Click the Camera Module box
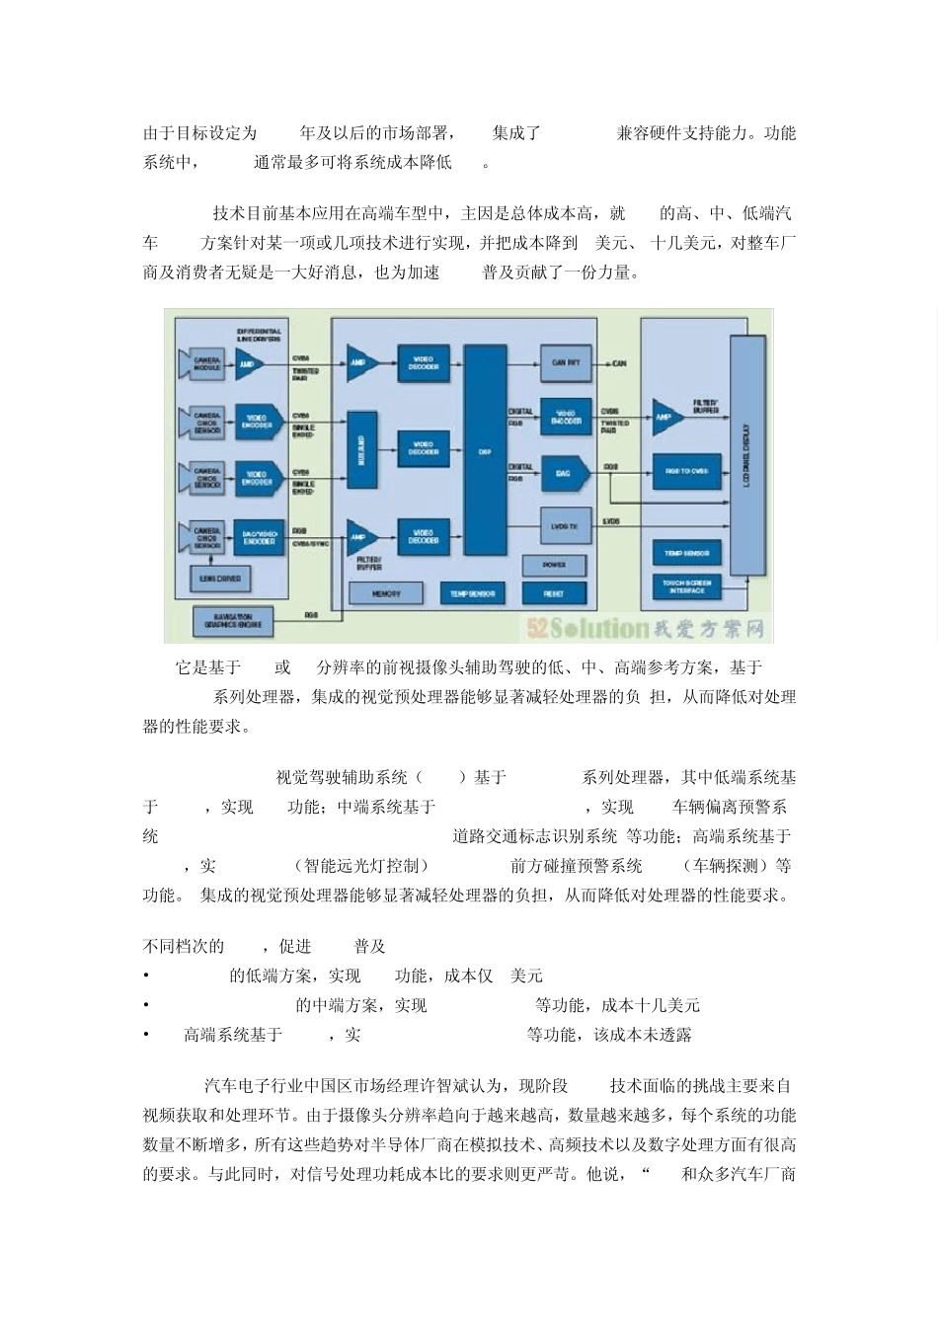[x=205, y=364]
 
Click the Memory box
[x=386, y=593]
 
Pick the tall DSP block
[x=485, y=450]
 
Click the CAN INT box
[x=566, y=363]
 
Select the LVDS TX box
[x=565, y=527]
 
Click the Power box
[x=555, y=565]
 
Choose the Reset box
[x=554, y=593]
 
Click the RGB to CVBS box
[x=687, y=471]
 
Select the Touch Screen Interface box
[x=687, y=586]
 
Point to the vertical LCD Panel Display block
[x=746, y=454]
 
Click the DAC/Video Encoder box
[x=259, y=537]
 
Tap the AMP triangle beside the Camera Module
[x=247, y=364]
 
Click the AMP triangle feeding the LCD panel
[x=665, y=418]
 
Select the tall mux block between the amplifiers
[x=360, y=451]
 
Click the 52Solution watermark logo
[x=647, y=628]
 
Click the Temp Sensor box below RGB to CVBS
[x=687, y=553]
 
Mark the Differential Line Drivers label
[x=259, y=335]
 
